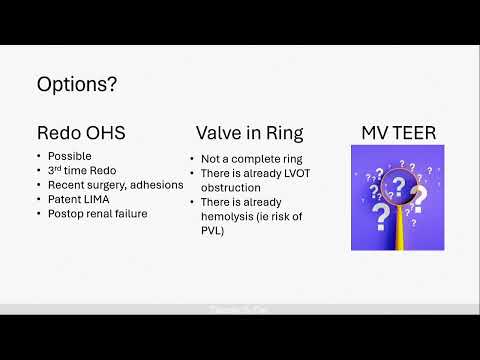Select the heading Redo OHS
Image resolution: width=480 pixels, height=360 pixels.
point(81,132)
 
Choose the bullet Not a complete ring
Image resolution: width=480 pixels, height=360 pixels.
point(247,159)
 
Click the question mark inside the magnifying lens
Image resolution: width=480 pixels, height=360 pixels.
point(398,185)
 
